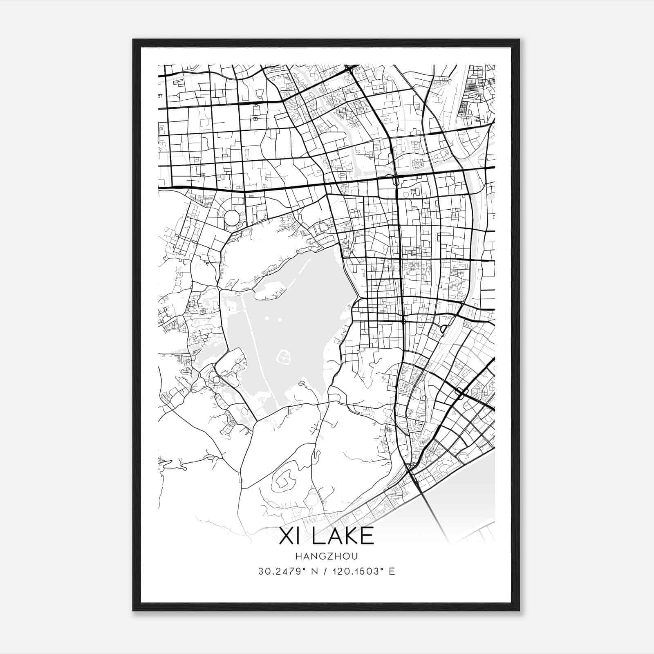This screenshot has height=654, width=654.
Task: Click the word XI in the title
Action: click(x=288, y=536)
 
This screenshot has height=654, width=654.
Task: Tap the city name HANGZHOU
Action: click(x=326, y=556)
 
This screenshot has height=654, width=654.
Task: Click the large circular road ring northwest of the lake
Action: click(x=232, y=217)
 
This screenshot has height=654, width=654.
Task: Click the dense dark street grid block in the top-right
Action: click(x=464, y=108)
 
